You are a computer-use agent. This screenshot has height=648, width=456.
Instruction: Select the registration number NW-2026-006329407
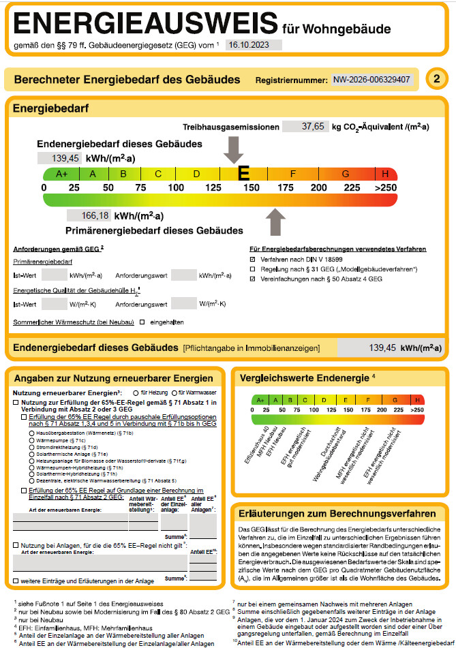point(371,80)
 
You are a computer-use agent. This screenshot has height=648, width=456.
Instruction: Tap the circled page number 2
point(436,80)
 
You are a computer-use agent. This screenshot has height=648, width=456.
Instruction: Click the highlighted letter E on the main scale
point(243,174)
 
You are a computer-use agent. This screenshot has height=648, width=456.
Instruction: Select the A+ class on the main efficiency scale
point(62,174)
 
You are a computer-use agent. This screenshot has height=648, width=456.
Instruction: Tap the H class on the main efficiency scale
point(386,174)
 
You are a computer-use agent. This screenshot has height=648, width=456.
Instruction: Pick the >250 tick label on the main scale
point(385,187)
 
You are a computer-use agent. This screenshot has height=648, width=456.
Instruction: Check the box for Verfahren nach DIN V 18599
point(253,260)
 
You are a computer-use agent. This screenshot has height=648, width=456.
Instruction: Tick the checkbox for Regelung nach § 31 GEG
point(253,269)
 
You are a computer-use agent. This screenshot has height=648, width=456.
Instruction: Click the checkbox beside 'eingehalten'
point(142,321)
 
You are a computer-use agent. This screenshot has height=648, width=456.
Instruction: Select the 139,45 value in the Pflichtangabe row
point(371,348)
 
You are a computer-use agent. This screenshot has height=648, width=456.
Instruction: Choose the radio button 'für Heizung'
point(136,393)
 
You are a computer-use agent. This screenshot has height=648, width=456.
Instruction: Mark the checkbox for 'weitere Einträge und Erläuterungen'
point(16,581)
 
